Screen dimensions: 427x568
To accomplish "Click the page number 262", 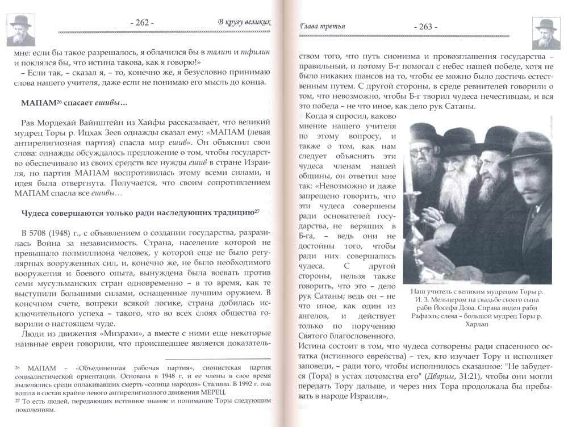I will point(142,23).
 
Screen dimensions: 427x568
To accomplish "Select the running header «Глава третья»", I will point(322,26).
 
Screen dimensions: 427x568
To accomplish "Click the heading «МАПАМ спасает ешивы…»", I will point(73,104).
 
